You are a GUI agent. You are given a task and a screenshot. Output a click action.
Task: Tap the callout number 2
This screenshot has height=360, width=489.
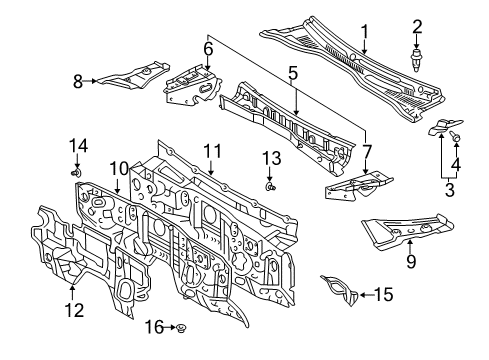click(417, 26)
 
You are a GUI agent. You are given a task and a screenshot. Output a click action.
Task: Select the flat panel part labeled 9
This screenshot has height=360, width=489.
click(400, 231)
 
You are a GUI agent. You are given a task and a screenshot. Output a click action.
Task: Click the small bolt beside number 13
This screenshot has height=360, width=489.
click(271, 185)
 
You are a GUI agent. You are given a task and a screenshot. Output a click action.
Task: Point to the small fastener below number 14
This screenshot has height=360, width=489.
click(76, 172)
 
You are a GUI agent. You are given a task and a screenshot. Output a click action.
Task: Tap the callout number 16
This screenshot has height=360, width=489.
click(153, 327)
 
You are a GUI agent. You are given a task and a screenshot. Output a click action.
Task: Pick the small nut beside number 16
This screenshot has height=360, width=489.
click(177, 328)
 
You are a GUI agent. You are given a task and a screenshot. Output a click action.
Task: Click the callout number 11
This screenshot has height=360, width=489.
click(211, 152)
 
